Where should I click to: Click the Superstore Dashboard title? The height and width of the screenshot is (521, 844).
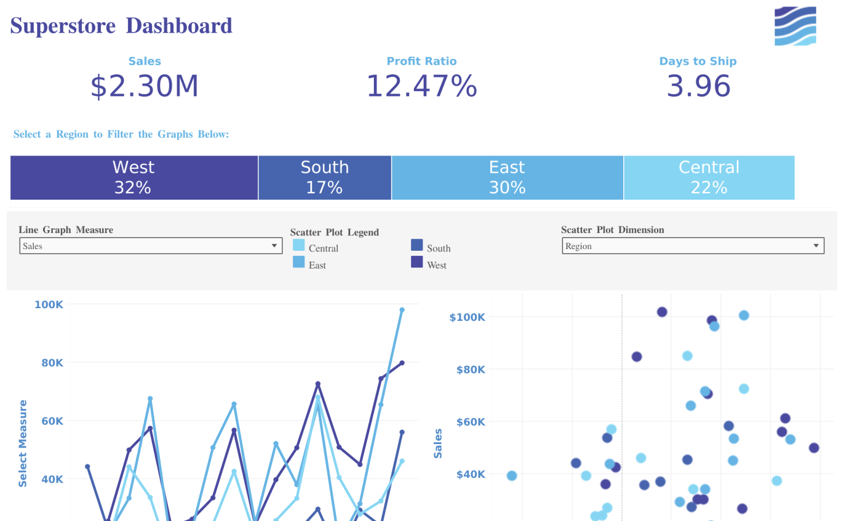tap(121, 26)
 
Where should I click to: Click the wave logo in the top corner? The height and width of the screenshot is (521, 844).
tap(795, 26)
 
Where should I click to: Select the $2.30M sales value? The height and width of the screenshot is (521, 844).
tap(144, 86)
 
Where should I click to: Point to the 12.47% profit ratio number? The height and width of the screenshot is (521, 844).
tap(421, 86)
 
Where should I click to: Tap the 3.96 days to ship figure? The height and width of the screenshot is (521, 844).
tap(698, 86)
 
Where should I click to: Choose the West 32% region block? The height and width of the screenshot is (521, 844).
tap(134, 177)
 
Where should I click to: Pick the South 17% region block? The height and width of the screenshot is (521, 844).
tap(325, 177)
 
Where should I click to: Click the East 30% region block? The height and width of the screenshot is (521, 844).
tap(507, 177)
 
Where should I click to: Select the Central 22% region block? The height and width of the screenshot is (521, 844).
tap(709, 177)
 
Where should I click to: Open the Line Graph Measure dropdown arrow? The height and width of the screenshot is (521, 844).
tap(274, 246)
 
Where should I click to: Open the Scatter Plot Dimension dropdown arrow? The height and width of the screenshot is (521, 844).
tap(815, 246)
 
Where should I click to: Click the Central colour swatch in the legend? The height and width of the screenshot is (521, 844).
tap(299, 245)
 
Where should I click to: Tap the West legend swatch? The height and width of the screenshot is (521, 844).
tap(417, 262)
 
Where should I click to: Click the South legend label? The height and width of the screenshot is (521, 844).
tap(439, 248)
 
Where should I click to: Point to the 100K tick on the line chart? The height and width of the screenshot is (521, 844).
tap(49, 305)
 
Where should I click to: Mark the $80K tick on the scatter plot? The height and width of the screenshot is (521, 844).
tap(470, 370)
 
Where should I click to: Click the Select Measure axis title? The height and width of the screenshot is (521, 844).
tap(23, 443)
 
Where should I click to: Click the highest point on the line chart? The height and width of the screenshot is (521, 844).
tap(402, 310)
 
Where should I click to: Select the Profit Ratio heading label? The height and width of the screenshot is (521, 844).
tap(421, 61)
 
